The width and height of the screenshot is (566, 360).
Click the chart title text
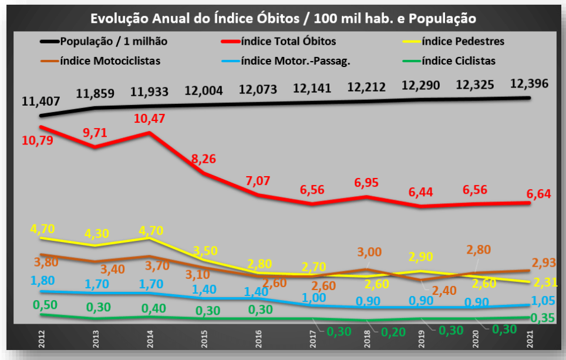point(283,18)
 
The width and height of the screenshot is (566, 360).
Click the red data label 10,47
point(150,118)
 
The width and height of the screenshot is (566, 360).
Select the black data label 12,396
point(529,83)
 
